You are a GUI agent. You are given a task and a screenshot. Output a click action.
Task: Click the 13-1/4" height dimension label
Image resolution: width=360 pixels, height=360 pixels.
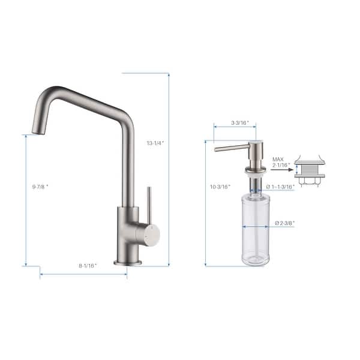coord(155,143)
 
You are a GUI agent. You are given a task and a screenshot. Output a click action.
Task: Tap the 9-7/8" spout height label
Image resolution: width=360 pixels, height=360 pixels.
coord(40,187)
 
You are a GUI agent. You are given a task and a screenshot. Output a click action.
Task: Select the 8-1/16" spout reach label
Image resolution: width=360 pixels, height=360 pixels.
coord(87,265)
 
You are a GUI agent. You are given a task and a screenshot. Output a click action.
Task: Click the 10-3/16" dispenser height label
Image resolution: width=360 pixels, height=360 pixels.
coord(221,187)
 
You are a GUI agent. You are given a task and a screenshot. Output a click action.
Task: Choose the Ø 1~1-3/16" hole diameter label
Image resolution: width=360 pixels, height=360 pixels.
coord(280,187)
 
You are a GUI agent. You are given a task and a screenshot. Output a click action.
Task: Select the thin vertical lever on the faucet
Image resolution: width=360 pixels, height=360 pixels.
coord(149,204)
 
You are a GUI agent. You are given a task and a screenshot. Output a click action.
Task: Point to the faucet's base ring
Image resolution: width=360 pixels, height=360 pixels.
coord(128,262)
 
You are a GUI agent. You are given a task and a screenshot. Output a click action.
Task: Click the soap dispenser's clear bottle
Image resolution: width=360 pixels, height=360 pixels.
coord(256,228)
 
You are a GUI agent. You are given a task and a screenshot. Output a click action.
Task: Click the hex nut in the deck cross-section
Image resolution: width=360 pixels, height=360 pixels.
coord(310,181)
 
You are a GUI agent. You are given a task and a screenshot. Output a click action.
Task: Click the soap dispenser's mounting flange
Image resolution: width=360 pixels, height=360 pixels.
coord(256,172)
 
